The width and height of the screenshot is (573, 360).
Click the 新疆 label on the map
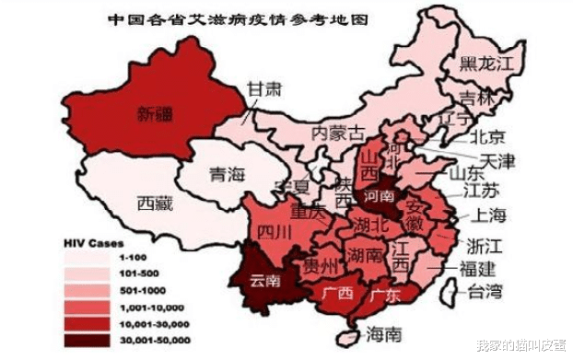[x=155, y=115]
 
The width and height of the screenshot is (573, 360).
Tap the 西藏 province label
[x=155, y=203]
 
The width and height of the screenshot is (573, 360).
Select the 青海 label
[x=227, y=174]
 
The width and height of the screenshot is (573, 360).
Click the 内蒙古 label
[x=339, y=133]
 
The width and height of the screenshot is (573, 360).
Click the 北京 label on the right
[x=487, y=137]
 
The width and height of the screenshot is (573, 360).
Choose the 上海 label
[x=488, y=217]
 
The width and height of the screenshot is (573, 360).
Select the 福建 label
[x=477, y=269]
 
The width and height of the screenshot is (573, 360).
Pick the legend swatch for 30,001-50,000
[x=84, y=341]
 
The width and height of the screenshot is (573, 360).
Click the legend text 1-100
[x=122, y=259]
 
